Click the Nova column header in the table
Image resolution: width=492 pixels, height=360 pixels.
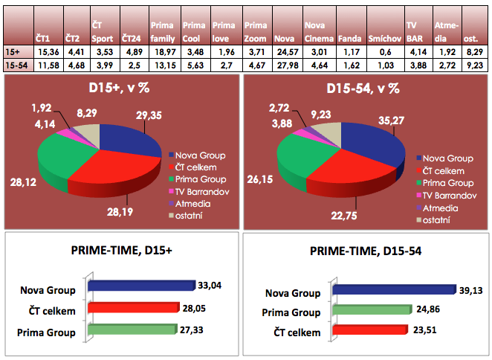(x=283, y=36)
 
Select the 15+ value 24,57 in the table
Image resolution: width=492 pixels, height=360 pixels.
(x=284, y=51)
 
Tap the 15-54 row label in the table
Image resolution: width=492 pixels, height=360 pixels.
(x=16, y=65)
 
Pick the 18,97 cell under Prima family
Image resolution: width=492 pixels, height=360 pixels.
(x=161, y=51)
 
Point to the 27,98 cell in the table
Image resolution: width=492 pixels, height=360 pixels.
(x=284, y=65)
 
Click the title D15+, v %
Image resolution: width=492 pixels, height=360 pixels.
(x=123, y=89)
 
